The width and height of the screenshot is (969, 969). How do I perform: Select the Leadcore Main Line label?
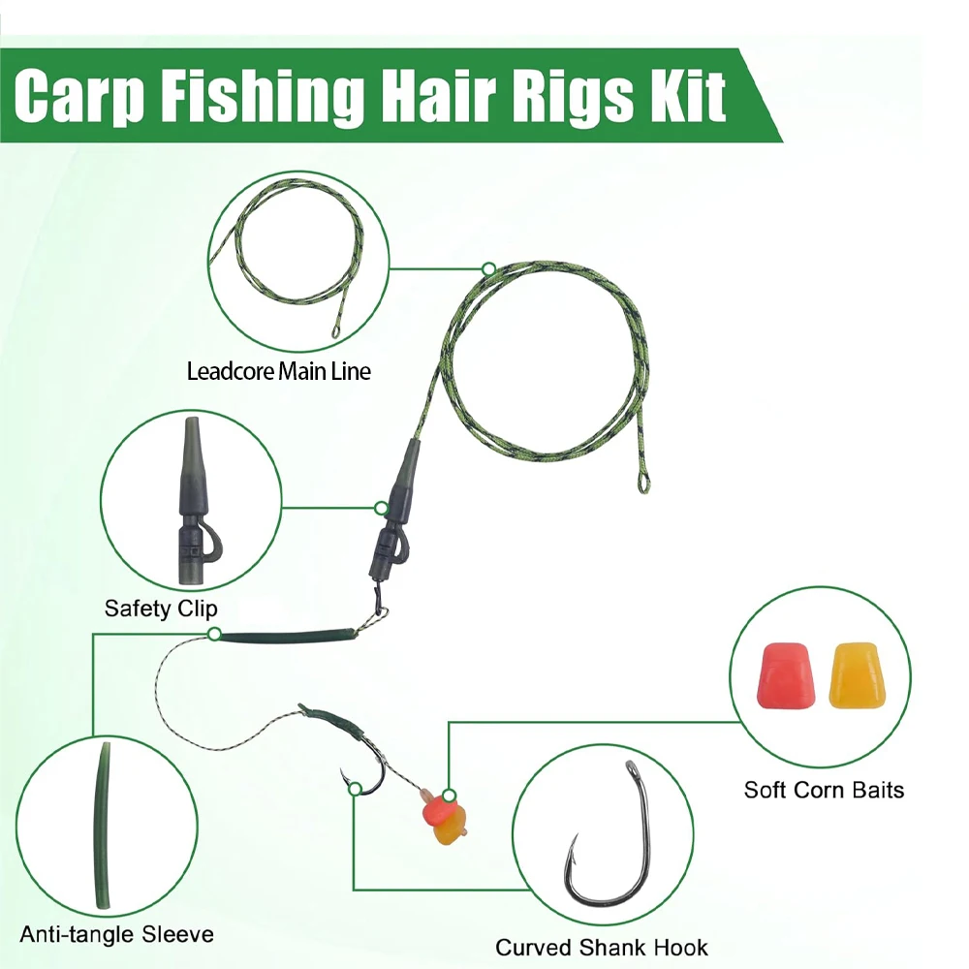[279, 371]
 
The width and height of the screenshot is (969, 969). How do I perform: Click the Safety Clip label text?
[161, 609]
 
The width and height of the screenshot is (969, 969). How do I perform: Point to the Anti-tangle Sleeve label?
[117, 934]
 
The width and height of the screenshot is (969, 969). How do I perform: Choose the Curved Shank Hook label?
[602, 948]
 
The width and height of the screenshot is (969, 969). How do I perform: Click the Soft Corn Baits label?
[824, 790]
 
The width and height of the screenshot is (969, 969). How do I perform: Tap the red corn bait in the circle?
[786, 675]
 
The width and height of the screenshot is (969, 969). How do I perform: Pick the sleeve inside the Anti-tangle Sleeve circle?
[104, 826]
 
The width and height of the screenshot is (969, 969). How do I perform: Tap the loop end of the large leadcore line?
[642, 481]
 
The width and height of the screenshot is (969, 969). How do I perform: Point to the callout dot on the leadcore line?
[488, 268]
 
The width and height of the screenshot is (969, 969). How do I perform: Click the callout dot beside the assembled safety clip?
[381, 508]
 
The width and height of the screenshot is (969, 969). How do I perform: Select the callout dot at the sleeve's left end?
[214, 634]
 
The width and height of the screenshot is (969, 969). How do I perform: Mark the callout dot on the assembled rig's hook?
[355, 789]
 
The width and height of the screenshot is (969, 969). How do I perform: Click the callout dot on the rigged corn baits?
[450, 796]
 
